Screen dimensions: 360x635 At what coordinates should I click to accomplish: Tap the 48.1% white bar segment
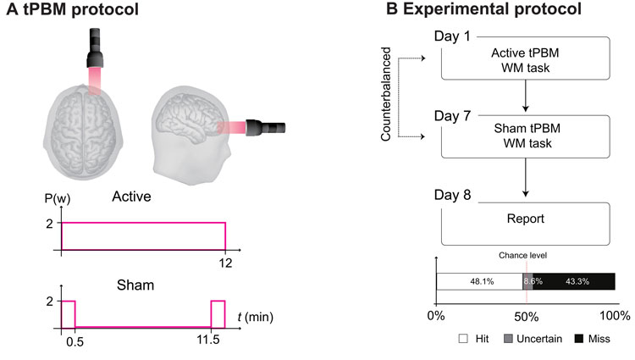[479, 281]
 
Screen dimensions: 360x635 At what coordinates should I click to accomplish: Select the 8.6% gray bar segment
[528, 281]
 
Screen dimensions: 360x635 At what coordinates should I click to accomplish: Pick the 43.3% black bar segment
[576, 281]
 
